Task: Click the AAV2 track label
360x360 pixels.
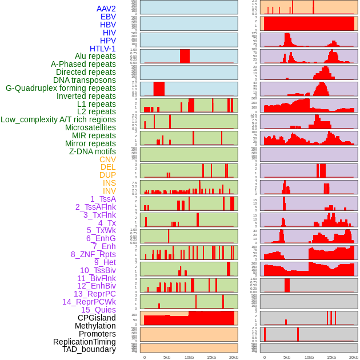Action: [106, 9]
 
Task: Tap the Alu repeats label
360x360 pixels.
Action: [95, 56]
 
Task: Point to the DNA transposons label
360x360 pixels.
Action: [84, 80]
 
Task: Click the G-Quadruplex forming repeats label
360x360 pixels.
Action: [61, 88]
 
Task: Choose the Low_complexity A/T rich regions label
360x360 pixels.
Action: [58, 119]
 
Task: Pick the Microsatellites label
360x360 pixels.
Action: [90, 127]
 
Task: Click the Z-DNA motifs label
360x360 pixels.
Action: [92, 151]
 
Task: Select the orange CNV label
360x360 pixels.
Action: [107, 159]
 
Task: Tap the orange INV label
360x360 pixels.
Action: [109, 191]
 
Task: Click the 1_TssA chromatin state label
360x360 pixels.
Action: [103, 199]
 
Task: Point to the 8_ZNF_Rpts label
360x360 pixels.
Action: [93, 254]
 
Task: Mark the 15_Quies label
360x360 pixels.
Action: [98, 310]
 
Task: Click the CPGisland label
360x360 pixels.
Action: [97, 318]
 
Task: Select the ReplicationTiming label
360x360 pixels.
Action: [84, 342]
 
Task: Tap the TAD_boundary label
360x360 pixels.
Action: [89, 349]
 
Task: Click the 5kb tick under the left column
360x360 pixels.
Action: [167, 357]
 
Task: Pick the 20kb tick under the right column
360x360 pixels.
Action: [354, 357]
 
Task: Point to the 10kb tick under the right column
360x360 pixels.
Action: [309, 357]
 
